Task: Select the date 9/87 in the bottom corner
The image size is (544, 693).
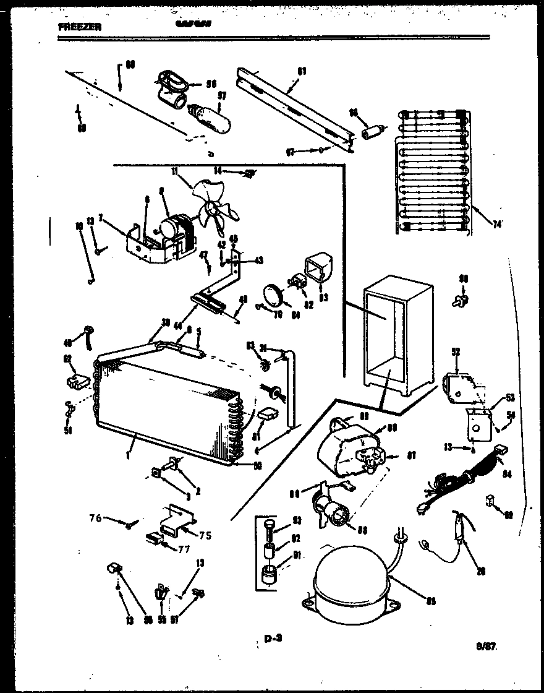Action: (x=487, y=647)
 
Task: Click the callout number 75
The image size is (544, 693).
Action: (x=205, y=535)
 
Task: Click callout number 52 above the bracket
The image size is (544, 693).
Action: (x=456, y=352)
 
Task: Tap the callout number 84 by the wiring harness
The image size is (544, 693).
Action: (x=508, y=475)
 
